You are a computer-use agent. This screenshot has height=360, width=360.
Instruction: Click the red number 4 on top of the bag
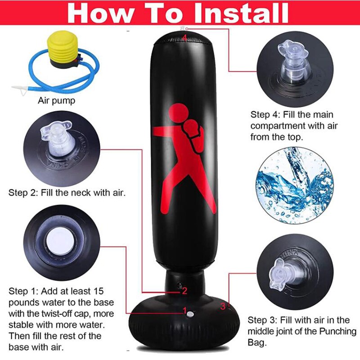click(x=184, y=37)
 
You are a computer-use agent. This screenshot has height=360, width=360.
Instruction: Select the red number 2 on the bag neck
click(x=184, y=291)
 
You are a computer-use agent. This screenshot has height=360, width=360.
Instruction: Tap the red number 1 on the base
click(x=184, y=310)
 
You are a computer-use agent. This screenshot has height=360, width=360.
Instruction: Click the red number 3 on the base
click(x=223, y=306)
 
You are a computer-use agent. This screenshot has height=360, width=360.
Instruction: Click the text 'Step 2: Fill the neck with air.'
click(x=67, y=193)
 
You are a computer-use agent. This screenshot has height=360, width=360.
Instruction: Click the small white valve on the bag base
click(x=190, y=314)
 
